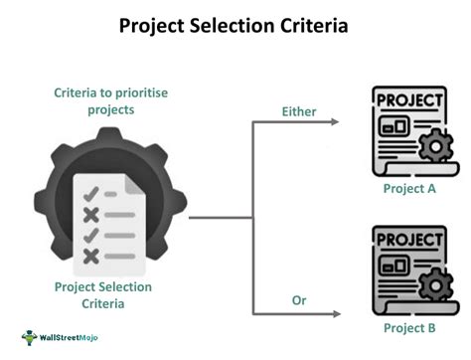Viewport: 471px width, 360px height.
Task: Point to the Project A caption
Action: (x=409, y=187)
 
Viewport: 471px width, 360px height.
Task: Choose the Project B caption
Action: (x=409, y=327)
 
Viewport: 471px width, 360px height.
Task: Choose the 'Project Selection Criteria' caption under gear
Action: (x=103, y=294)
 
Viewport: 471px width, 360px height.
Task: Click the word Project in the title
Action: (x=153, y=26)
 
